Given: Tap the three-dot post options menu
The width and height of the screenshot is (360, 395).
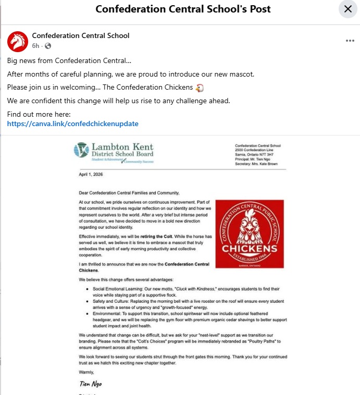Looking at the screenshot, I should [x=350, y=41].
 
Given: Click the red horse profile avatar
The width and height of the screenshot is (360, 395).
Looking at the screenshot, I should [x=17, y=41].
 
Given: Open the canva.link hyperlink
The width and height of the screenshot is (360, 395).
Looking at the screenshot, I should [x=72, y=124].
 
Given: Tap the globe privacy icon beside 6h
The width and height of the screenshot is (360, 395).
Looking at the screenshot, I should [x=48, y=46].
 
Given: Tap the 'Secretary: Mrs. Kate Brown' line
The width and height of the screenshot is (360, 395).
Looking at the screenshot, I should [x=256, y=164].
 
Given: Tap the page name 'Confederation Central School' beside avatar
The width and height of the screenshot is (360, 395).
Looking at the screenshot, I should [x=81, y=36].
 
